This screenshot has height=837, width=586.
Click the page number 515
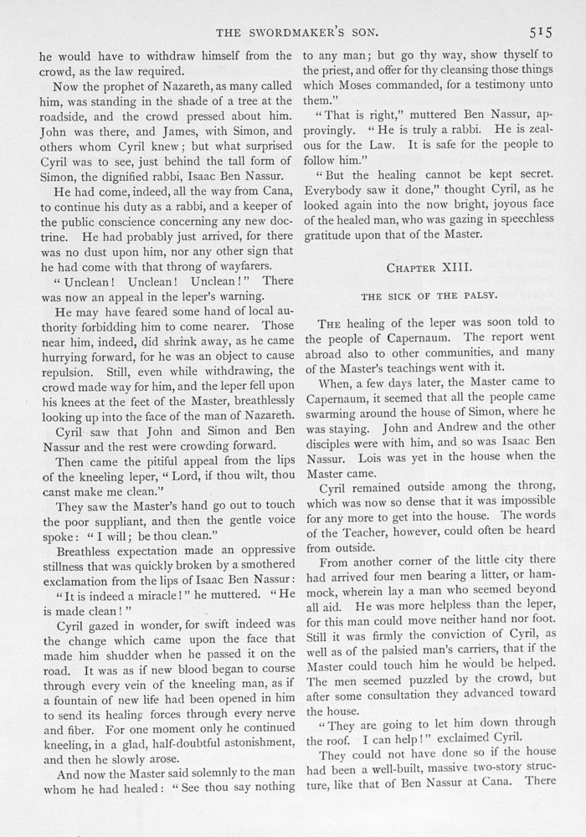coord(538,33)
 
